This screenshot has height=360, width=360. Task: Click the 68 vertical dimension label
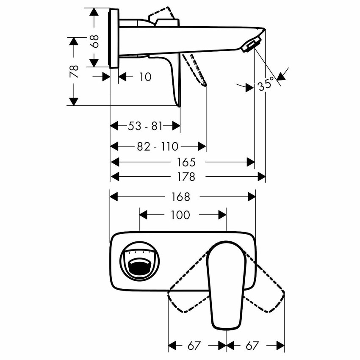pyautogui.click(x=95, y=41)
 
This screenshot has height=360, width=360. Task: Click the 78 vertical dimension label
pyautogui.click(x=75, y=71)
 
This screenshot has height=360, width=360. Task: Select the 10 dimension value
pyautogui.click(x=144, y=77)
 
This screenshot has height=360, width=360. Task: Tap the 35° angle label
pyautogui.click(x=266, y=84)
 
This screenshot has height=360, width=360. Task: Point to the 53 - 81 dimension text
pyautogui.click(x=145, y=126)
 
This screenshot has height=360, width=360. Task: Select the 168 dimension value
pyautogui.click(x=181, y=197)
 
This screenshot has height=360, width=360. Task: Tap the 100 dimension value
pyautogui.click(x=180, y=215)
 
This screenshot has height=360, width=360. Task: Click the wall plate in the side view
pyautogui.click(x=114, y=38)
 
